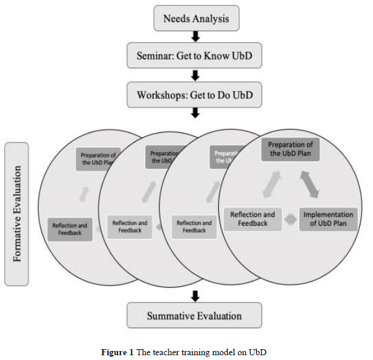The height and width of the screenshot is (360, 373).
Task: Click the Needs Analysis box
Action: pos(196,19)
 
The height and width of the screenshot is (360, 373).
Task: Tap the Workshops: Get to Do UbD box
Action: pos(195,95)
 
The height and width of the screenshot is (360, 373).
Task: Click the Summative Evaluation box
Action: pos(194,316)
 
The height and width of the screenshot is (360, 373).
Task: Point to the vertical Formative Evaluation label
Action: pos(16,214)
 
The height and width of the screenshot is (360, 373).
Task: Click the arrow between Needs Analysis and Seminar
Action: pos(195,37)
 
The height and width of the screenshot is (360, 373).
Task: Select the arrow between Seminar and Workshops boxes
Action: pos(195,75)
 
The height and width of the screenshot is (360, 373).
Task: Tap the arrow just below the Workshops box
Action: pos(195,114)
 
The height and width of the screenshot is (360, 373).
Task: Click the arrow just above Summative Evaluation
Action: pos(194,295)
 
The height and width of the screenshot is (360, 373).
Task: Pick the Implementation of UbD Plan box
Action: pos(328,219)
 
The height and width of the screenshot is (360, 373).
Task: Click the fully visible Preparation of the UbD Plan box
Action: pos(290,149)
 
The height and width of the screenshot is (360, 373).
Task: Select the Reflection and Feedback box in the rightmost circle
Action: pos(252,219)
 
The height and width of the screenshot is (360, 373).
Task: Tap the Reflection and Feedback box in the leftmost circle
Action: pos(70,229)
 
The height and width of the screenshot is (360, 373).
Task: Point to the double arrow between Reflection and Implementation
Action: pos(290,220)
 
